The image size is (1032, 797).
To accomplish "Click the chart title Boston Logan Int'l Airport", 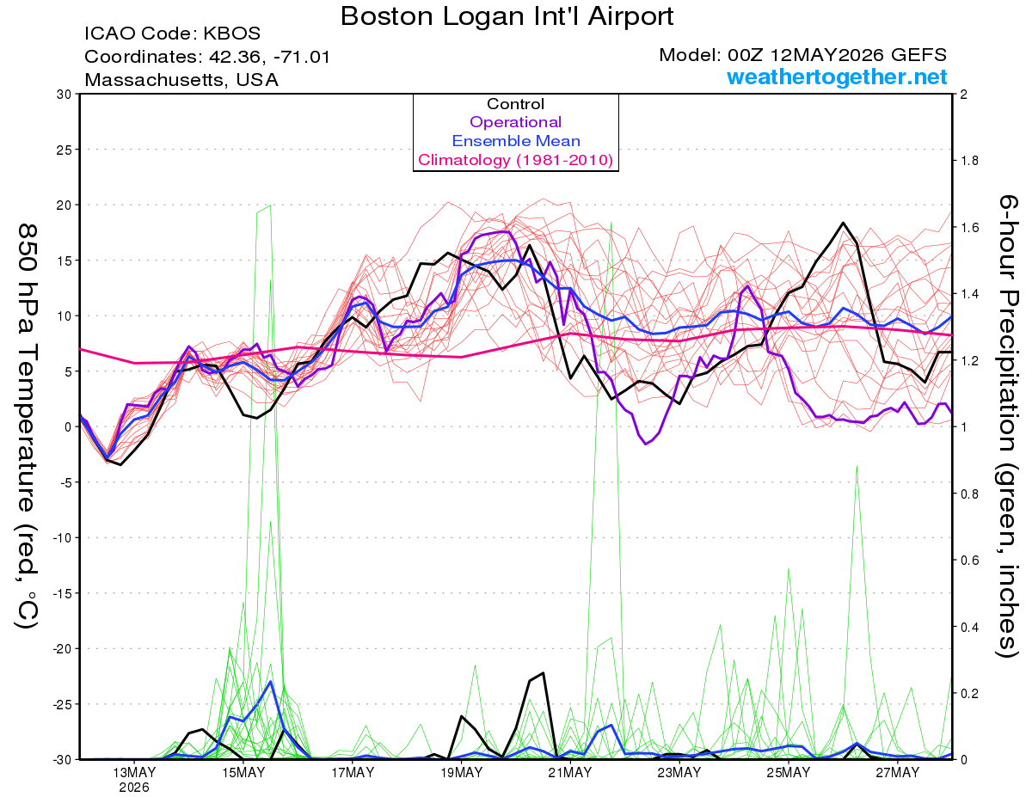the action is pyautogui.click(x=507, y=16).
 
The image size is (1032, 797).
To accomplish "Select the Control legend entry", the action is pyautogui.click(x=515, y=104).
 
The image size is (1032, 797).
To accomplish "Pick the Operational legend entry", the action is pyautogui.click(x=515, y=122).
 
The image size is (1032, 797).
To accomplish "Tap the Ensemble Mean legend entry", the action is pyautogui.click(x=516, y=141).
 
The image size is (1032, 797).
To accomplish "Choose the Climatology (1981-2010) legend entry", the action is pyautogui.click(x=516, y=160).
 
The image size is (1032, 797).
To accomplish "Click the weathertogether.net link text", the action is pyautogui.click(x=837, y=77).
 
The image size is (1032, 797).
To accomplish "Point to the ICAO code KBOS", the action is pyautogui.click(x=231, y=34).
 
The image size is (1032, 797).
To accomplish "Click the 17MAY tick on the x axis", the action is pyautogui.click(x=353, y=773).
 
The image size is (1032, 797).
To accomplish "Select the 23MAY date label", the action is pyautogui.click(x=679, y=773).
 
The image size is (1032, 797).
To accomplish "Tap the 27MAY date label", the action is pyautogui.click(x=898, y=773).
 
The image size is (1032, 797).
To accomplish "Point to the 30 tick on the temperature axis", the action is pyautogui.click(x=64, y=95).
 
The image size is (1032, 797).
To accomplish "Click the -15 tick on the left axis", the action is pyautogui.click(x=61, y=593).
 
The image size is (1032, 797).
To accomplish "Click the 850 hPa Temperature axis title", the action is pyautogui.click(x=27, y=426).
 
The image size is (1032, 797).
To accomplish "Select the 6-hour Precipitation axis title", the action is pyautogui.click(x=1008, y=426).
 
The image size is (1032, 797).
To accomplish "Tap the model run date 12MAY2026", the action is pyautogui.click(x=826, y=55).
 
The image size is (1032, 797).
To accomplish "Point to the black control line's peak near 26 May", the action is pyautogui.click(x=843, y=223).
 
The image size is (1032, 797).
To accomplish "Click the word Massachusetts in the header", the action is pyautogui.click(x=154, y=80).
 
